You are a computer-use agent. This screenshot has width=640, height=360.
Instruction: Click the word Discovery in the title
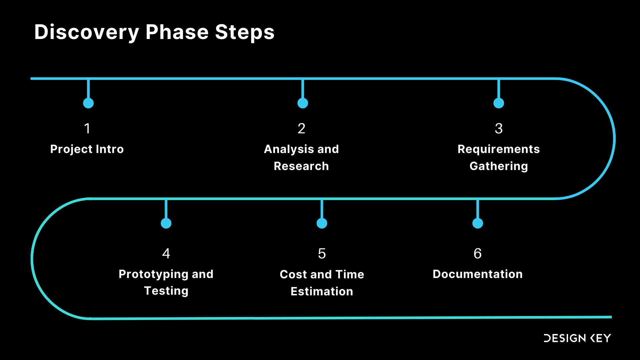86,32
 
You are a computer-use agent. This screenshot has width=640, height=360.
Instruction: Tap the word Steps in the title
245,32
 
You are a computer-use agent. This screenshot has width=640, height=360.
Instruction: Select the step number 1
87,129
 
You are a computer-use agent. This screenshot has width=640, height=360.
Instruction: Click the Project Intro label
87,149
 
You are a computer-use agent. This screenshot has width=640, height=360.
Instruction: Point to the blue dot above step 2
303,103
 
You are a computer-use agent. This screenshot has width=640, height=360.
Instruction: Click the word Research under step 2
301,166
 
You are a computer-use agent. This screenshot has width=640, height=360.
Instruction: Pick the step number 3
499,129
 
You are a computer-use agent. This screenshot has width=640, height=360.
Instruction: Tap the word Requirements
499,149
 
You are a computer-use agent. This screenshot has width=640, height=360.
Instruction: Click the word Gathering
499,166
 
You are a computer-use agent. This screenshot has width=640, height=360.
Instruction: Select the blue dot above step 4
166,223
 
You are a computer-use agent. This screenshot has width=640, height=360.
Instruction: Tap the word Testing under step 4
166,291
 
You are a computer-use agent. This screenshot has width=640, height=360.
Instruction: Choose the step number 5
322,254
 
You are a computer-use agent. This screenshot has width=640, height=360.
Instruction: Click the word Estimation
322,291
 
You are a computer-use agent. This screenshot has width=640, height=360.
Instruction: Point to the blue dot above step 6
478,223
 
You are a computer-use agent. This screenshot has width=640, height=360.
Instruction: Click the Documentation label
478,274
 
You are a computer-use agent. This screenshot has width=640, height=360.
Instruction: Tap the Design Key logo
577,338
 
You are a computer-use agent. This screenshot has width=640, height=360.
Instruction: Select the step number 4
166,254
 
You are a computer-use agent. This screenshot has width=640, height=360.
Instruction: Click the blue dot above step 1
88,103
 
